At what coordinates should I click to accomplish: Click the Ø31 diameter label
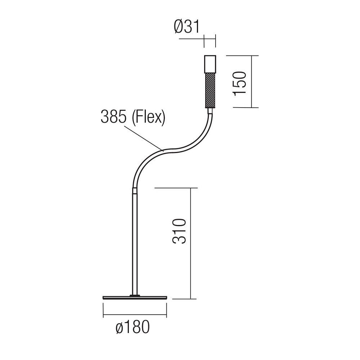(187, 27)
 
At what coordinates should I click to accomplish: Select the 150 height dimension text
(240, 84)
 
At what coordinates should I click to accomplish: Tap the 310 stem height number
(179, 231)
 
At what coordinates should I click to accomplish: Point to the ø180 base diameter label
(133, 327)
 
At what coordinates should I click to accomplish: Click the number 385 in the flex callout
(114, 117)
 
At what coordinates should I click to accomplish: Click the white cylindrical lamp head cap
(210, 64)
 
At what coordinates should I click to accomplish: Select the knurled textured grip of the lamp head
(210, 90)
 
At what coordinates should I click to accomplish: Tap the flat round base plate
(135, 298)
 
